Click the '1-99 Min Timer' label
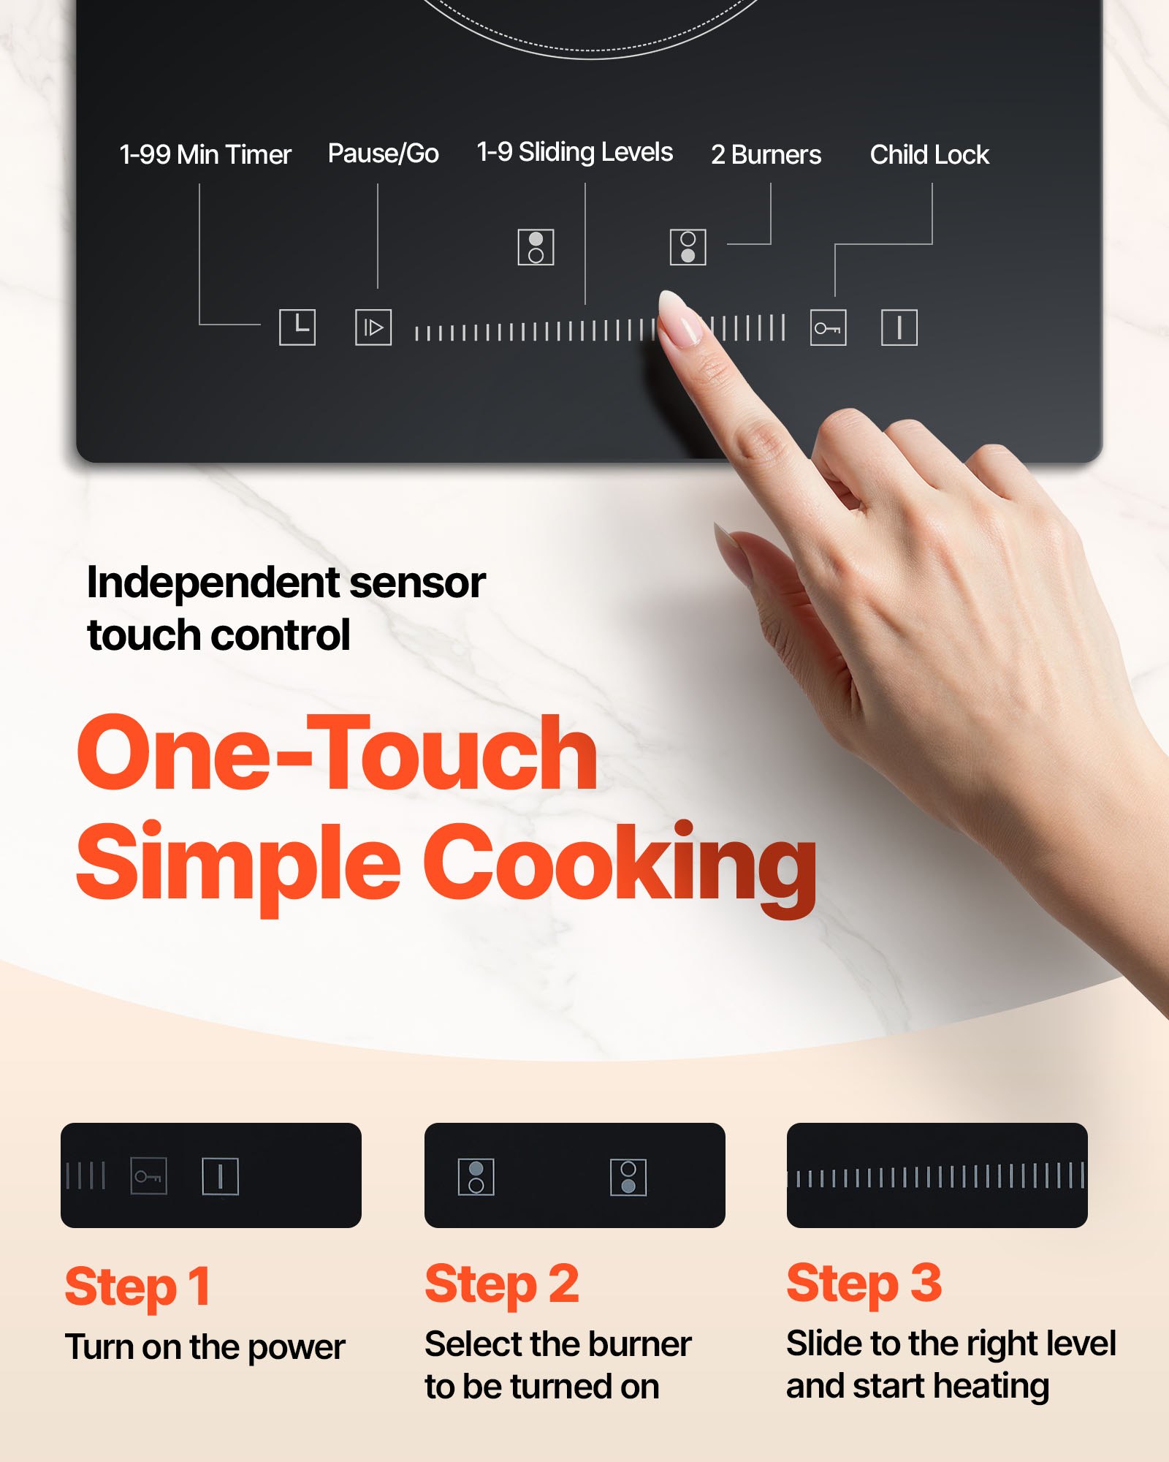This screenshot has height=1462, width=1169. (x=205, y=155)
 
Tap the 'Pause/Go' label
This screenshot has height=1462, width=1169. (x=383, y=154)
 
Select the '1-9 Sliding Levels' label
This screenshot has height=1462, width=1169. (x=574, y=152)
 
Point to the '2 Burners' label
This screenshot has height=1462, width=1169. (x=766, y=155)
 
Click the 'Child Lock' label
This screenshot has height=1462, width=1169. (x=929, y=155)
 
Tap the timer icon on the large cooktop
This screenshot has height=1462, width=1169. (x=297, y=327)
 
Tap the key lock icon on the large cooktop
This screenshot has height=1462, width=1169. (x=828, y=327)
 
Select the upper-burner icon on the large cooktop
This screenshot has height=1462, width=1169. (x=536, y=247)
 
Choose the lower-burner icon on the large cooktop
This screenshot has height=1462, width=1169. (x=688, y=247)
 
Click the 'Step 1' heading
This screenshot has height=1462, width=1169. (x=138, y=1287)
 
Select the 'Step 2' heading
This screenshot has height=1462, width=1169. (x=502, y=1284)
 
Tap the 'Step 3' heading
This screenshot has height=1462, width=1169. (x=864, y=1284)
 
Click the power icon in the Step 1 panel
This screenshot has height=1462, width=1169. (x=220, y=1176)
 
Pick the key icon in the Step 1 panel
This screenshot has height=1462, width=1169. (x=148, y=1176)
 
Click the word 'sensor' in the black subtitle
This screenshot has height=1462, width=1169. (x=417, y=583)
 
